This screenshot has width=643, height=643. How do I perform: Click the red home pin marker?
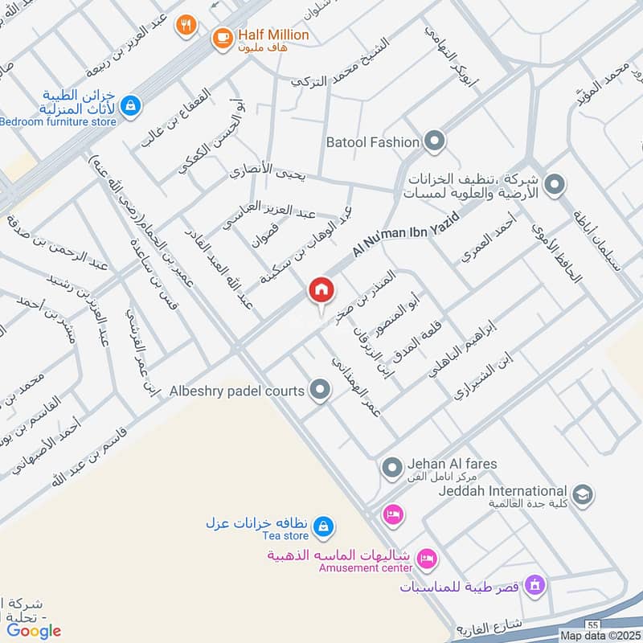pos(321,290)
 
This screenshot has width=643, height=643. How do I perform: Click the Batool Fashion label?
pos(373,142)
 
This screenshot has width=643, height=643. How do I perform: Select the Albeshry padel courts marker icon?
pos(321,391)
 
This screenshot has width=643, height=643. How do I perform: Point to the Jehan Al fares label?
pos(452,464)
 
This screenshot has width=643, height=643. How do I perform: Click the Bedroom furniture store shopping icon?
pos(130,105)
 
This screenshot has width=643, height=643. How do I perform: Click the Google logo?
pos(34,631)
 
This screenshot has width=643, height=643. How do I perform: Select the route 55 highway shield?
pos(592,624)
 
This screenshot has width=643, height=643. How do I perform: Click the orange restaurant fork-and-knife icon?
pos(186,25)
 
